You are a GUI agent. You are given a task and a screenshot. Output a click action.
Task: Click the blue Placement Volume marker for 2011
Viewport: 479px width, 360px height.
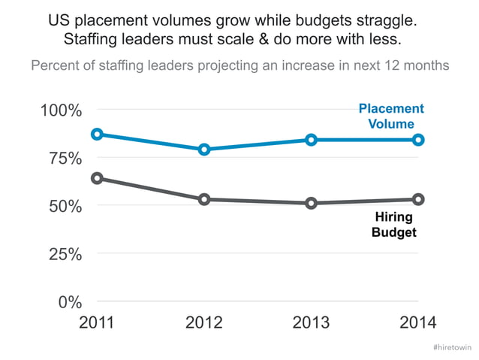click(97, 134)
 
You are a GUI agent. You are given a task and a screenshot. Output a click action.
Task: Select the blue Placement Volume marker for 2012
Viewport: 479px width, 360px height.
click(204, 150)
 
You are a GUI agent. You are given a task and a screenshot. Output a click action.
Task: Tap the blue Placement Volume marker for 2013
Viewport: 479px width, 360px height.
click(312, 140)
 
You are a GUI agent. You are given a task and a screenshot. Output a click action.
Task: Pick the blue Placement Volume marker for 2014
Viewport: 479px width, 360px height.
click(418, 140)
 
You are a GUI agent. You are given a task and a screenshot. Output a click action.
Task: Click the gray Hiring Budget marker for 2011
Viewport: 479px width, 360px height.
click(97, 178)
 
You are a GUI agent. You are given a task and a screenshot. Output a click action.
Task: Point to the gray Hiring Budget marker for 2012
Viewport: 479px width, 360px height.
click(204, 199)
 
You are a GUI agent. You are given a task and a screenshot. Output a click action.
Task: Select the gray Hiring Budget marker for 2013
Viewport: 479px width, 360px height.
click(312, 203)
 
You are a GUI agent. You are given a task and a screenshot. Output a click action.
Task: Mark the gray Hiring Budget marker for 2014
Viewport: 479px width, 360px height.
click(418, 199)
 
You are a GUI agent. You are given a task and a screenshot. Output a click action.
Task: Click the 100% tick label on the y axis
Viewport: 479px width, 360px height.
click(60, 111)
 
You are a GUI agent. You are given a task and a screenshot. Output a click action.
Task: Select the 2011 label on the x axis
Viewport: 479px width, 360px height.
click(97, 323)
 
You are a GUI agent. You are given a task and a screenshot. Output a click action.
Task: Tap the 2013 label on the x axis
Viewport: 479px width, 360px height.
click(312, 323)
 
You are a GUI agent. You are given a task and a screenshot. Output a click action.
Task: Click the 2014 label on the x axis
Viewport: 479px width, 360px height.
click(418, 323)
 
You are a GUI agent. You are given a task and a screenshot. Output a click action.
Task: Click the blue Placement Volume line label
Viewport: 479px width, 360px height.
click(391, 116)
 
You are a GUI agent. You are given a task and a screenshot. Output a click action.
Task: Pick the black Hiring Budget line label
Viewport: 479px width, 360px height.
click(394, 225)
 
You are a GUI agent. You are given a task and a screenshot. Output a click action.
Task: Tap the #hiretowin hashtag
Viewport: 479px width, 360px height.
click(452, 348)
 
